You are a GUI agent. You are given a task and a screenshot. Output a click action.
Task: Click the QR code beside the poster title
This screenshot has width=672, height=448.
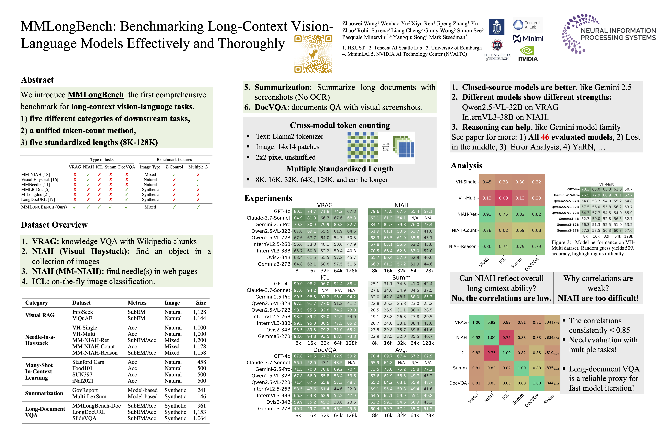tap(313, 54)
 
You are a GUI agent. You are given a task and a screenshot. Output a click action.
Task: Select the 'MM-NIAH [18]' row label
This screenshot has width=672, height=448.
tap(35, 175)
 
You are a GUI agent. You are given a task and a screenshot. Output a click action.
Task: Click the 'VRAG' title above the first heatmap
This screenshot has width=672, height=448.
tap(325, 205)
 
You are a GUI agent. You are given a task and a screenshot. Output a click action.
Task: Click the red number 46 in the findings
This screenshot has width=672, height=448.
tap(545, 137)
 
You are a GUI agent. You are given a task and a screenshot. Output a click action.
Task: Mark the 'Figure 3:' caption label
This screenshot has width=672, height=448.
tap(561, 242)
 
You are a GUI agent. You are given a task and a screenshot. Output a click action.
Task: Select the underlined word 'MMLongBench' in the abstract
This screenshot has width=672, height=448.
tap(95, 95)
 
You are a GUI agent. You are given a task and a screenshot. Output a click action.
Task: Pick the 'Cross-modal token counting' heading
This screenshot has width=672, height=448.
tap(340, 125)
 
